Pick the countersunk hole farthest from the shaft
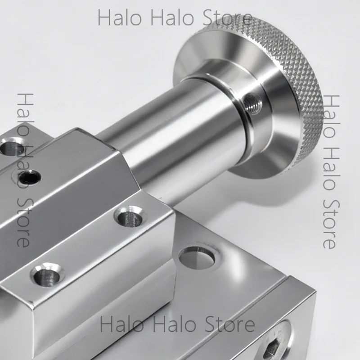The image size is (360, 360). [48, 274]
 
